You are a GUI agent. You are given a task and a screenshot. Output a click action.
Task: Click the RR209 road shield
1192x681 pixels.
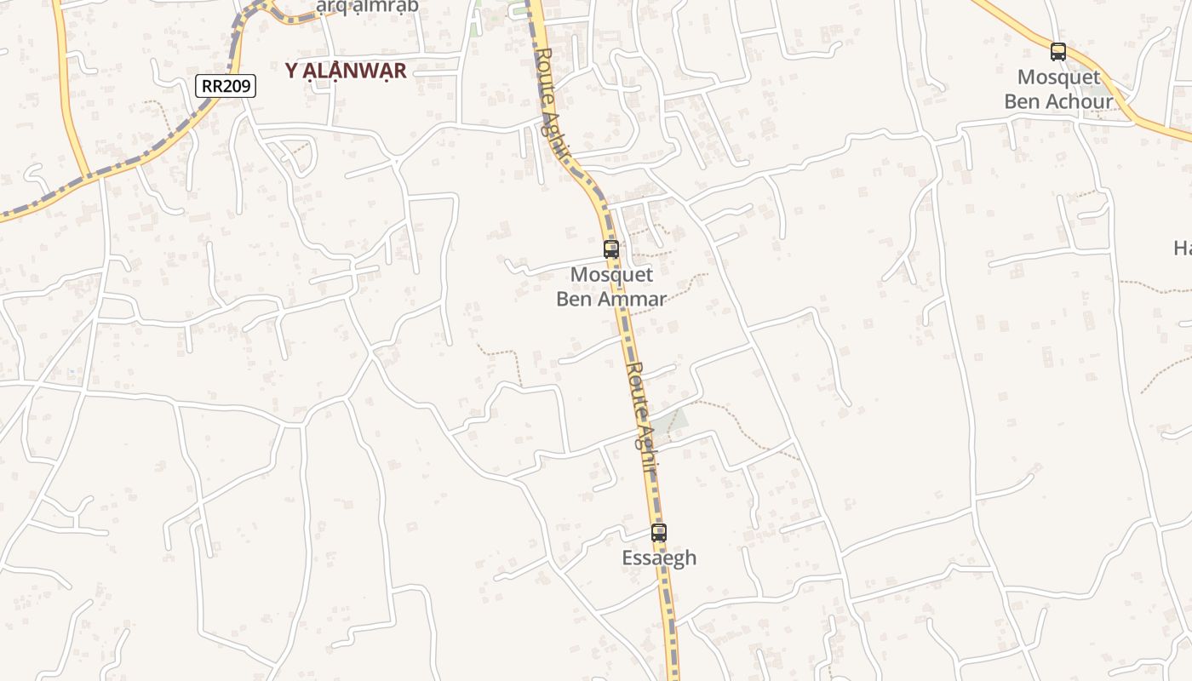click(226, 85)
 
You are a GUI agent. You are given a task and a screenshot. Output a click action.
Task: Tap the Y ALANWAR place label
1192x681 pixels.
click(346, 71)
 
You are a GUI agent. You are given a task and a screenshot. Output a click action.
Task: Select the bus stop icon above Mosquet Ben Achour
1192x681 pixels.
click(1058, 52)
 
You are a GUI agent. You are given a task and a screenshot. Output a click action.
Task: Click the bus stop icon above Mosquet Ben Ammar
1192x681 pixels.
click(611, 249)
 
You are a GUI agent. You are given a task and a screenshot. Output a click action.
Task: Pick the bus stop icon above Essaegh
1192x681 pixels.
click(659, 533)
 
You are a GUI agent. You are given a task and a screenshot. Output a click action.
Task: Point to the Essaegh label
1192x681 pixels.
click(659, 558)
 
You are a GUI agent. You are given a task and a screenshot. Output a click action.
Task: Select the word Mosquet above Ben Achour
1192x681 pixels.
click(1058, 77)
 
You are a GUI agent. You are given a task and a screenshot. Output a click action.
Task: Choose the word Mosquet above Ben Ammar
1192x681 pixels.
click(611, 275)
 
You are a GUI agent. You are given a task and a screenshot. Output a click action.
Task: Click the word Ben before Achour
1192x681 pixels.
click(1019, 102)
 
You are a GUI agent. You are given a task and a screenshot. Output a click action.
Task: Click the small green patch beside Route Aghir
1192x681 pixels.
click(670, 421)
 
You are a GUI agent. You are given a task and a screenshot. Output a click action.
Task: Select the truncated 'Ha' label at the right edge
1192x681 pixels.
click(1183, 249)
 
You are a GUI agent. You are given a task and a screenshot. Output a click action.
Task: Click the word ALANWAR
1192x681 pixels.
click(357, 71)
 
